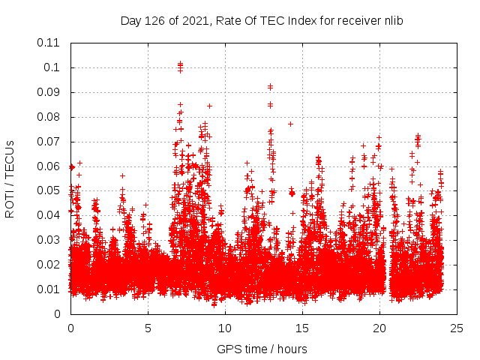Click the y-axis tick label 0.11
pos(50,43)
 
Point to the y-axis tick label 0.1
pos(54,67)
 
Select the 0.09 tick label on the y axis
pos(50,92)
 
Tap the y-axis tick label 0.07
pos(50,141)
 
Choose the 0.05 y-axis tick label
pos(50,190)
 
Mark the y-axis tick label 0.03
pos(50,240)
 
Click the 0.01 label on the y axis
pos(50,289)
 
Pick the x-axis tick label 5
pos(148,328)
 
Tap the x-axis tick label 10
pos(225,328)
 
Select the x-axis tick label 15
pos(302,328)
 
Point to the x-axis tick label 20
pos(379,328)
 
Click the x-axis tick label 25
pos(457,328)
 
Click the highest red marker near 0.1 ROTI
pos(180,64)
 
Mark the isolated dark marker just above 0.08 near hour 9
pos(209,106)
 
